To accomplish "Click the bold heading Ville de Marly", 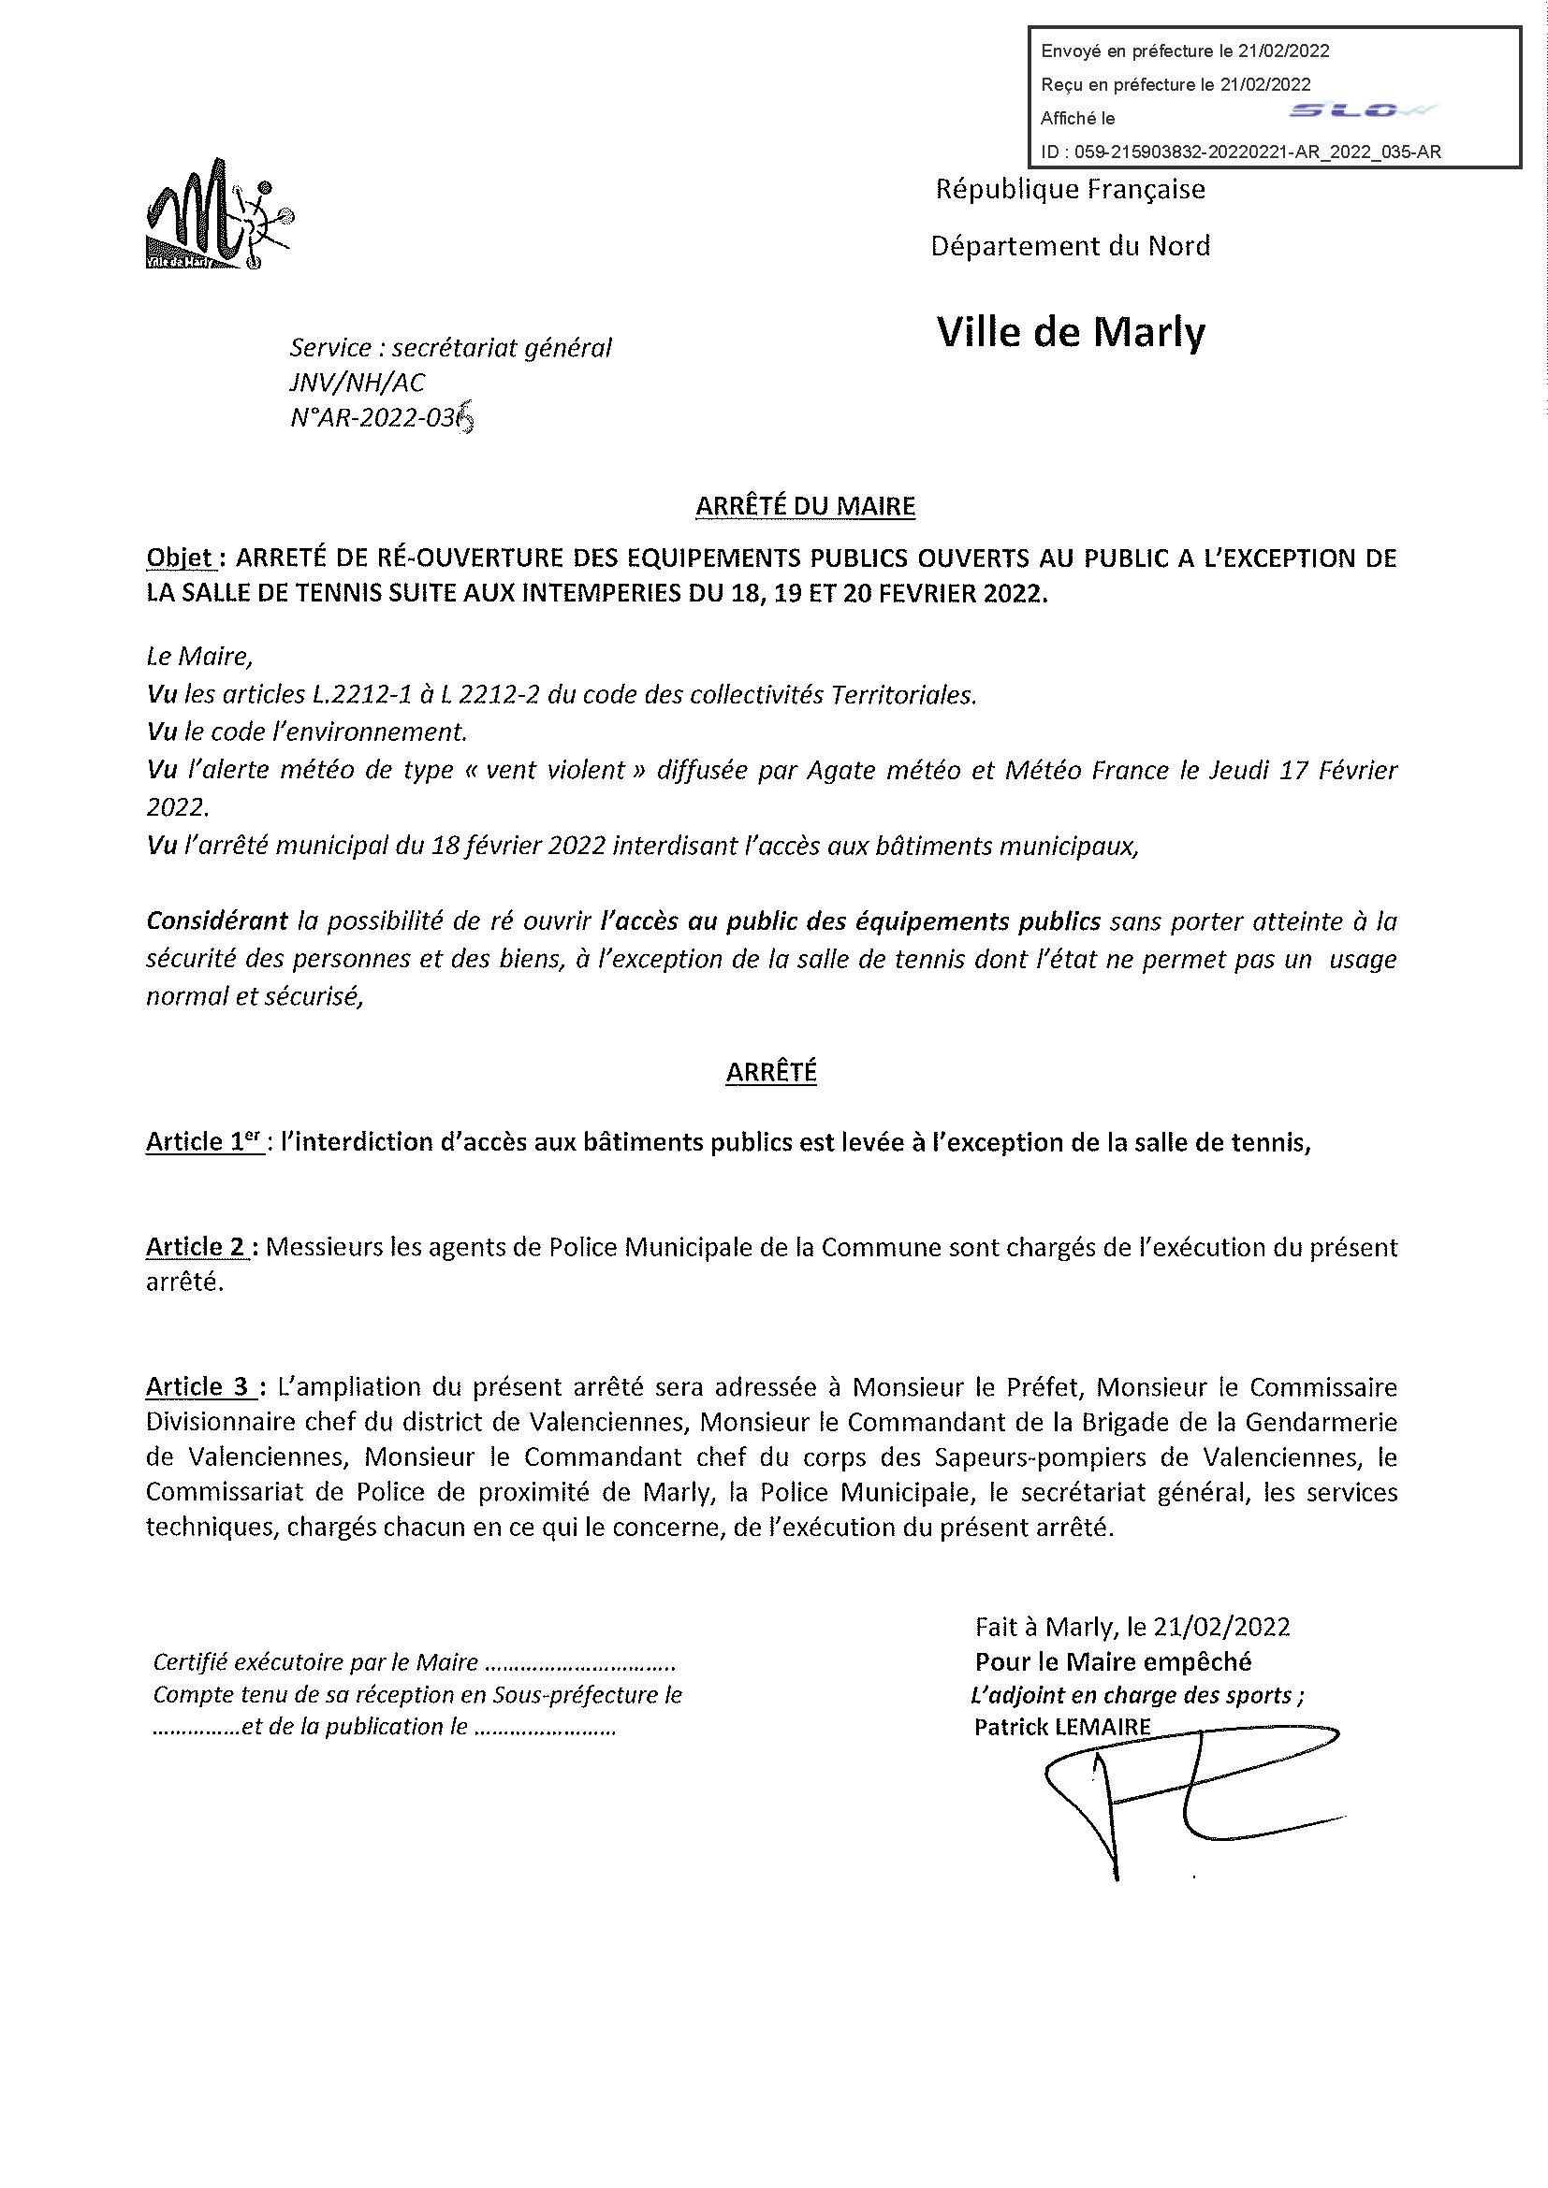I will point(1072,333).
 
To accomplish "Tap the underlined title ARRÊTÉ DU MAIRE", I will point(806,507).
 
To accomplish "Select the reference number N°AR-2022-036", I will point(381,418).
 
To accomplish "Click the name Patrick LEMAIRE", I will point(1062,1726).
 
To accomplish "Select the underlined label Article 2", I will point(197,1248).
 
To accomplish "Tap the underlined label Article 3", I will point(199,1386).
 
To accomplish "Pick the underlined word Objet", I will point(178,558).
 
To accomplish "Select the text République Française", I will point(1071,190).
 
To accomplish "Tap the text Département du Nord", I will point(1071,246).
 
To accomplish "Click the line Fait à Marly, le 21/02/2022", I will point(1132,1626).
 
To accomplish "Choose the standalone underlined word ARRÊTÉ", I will point(771,1072).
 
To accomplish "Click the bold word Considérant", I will point(216,921).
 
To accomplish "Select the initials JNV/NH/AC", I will point(358,384).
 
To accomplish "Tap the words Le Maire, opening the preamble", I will point(199,657).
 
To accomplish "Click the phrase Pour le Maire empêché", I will point(1113,1662).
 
